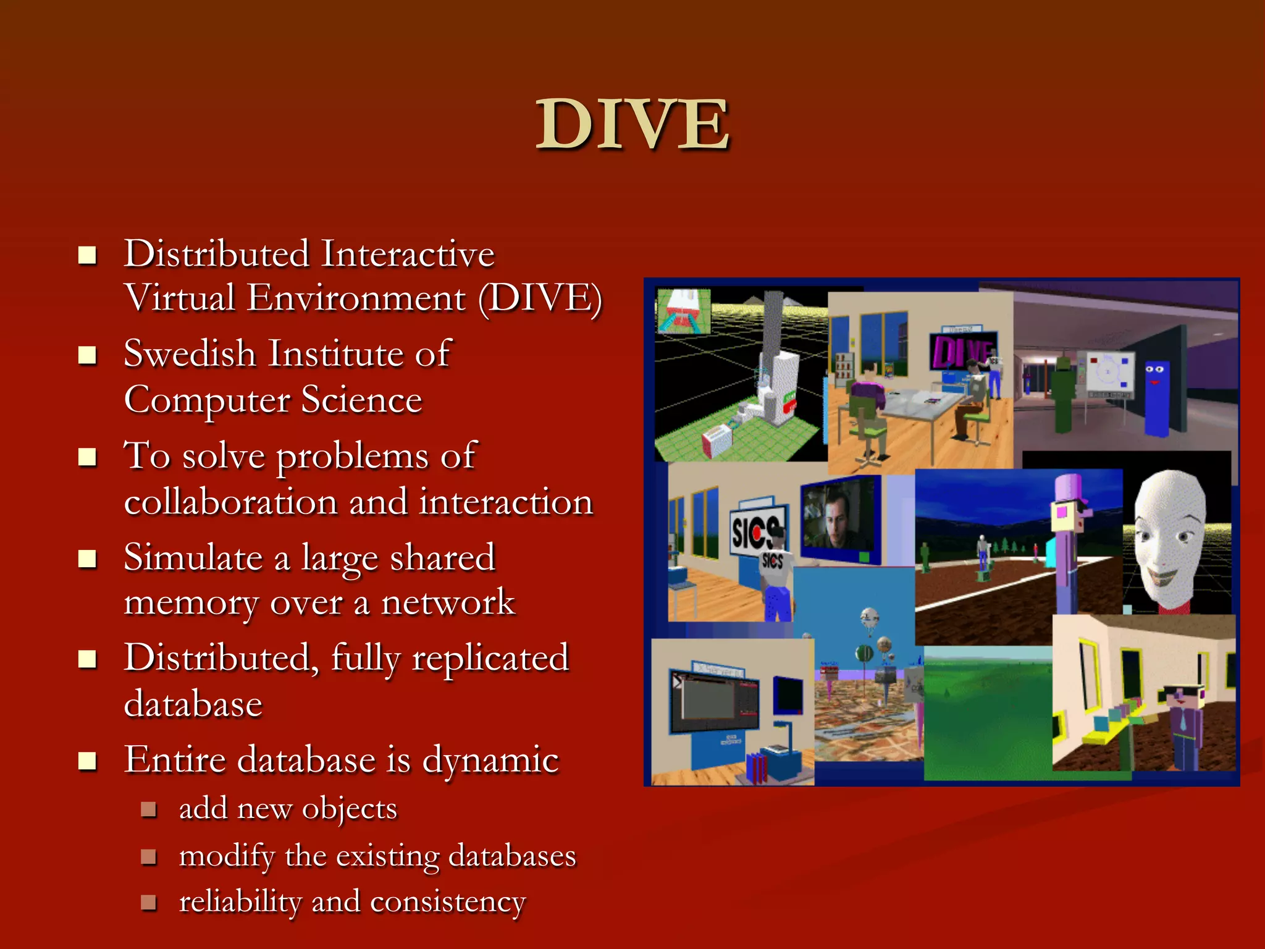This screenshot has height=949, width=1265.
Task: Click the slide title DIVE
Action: pyautogui.click(x=632, y=125)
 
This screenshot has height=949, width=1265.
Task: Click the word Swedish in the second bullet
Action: pyautogui.click(x=190, y=354)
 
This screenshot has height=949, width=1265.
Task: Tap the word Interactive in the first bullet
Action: pyautogui.click(x=408, y=254)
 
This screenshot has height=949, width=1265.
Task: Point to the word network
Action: pyautogui.click(x=448, y=602)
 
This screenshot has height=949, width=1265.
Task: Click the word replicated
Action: pyautogui.click(x=490, y=657)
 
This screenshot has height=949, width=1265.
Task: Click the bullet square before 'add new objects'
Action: pyautogui.click(x=148, y=809)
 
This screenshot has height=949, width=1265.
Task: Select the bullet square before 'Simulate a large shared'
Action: pyautogui.click(x=88, y=559)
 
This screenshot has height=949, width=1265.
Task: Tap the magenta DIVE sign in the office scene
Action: pyautogui.click(x=960, y=353)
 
